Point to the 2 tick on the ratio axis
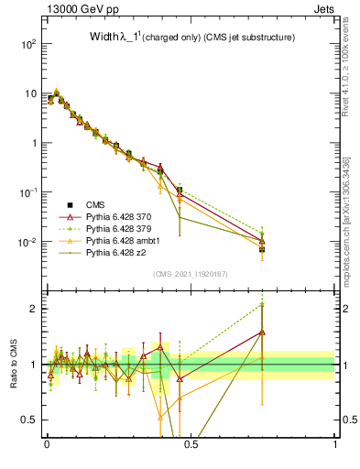34,309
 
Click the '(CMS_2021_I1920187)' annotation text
191,274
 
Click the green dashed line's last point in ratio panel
262,303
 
